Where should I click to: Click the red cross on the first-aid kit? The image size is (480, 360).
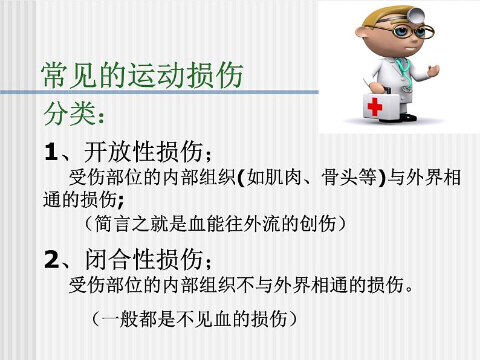375,106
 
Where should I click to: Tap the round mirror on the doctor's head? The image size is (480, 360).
418,14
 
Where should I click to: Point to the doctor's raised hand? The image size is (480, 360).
433,71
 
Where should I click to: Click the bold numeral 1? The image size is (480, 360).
51,152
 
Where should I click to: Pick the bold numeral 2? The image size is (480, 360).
51,259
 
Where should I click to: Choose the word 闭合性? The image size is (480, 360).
120,259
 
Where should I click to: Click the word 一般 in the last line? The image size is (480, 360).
120,319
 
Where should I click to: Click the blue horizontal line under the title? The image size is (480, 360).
159,92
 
